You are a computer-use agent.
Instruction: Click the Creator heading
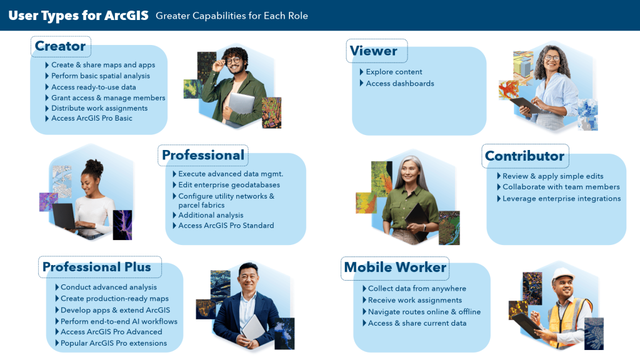(x=60, y=46)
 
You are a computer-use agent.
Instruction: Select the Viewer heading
(x=373, y=51)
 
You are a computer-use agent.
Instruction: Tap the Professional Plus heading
(x=97, y=267)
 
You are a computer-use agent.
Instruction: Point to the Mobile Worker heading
(x=395, y=267)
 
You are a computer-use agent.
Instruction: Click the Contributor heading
(x=524, y=156)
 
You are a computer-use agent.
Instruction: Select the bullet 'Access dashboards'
(x=399, y=83)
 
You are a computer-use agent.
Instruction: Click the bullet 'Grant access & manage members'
(x=108, y=98)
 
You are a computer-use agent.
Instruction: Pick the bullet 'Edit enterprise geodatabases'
(x=229, y=185)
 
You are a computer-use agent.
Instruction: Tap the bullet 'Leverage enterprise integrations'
(x=561, y=199)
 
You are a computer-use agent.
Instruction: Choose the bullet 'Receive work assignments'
(x=415, y=301)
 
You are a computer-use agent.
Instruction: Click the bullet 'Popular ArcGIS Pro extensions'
(x=114, y=343)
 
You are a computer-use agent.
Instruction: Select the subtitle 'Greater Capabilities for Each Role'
(x=231, y=16)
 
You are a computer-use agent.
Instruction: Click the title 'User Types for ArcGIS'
(x=78, y=16)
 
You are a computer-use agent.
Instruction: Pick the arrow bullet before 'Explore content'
(x=361, y=72)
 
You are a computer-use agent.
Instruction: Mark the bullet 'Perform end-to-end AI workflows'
(x=119, y=322)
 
